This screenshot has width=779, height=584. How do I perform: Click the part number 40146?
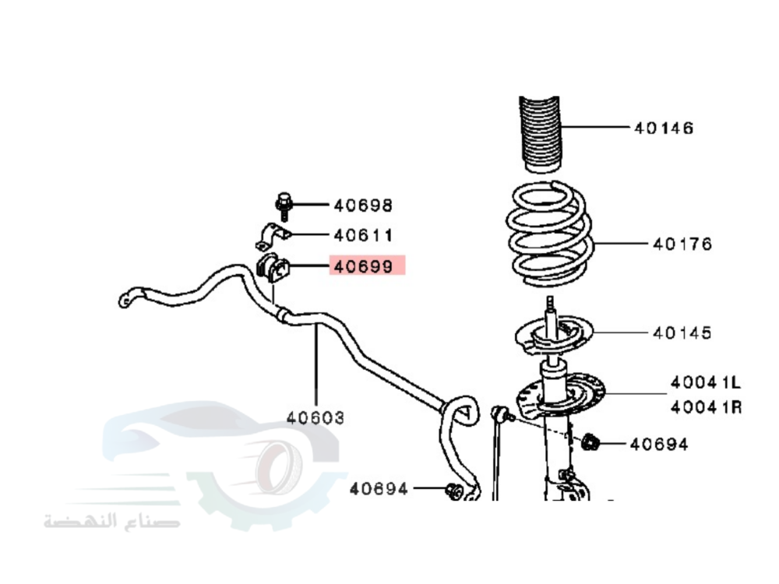click(664, 128)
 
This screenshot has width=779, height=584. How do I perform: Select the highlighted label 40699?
click(365, 266)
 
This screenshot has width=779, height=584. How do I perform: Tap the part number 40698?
click(363, 206)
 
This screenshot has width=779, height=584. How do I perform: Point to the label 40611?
click(363, 234)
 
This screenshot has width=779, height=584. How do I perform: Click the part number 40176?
click(682, 245)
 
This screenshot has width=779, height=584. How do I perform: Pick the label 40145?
click(682, 333)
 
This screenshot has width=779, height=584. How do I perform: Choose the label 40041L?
click(706, 382)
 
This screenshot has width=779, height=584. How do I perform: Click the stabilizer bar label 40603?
click(315, 418)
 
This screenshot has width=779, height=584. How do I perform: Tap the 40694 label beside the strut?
click(659, 445)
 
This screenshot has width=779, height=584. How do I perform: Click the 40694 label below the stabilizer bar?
click(379, 489)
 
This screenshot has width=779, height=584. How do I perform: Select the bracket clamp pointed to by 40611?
click(272, 234)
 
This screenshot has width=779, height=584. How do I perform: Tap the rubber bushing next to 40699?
click(272, 267)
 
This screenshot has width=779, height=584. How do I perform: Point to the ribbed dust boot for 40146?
click(541, 133)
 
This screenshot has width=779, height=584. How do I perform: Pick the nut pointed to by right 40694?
click(591, 444)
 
